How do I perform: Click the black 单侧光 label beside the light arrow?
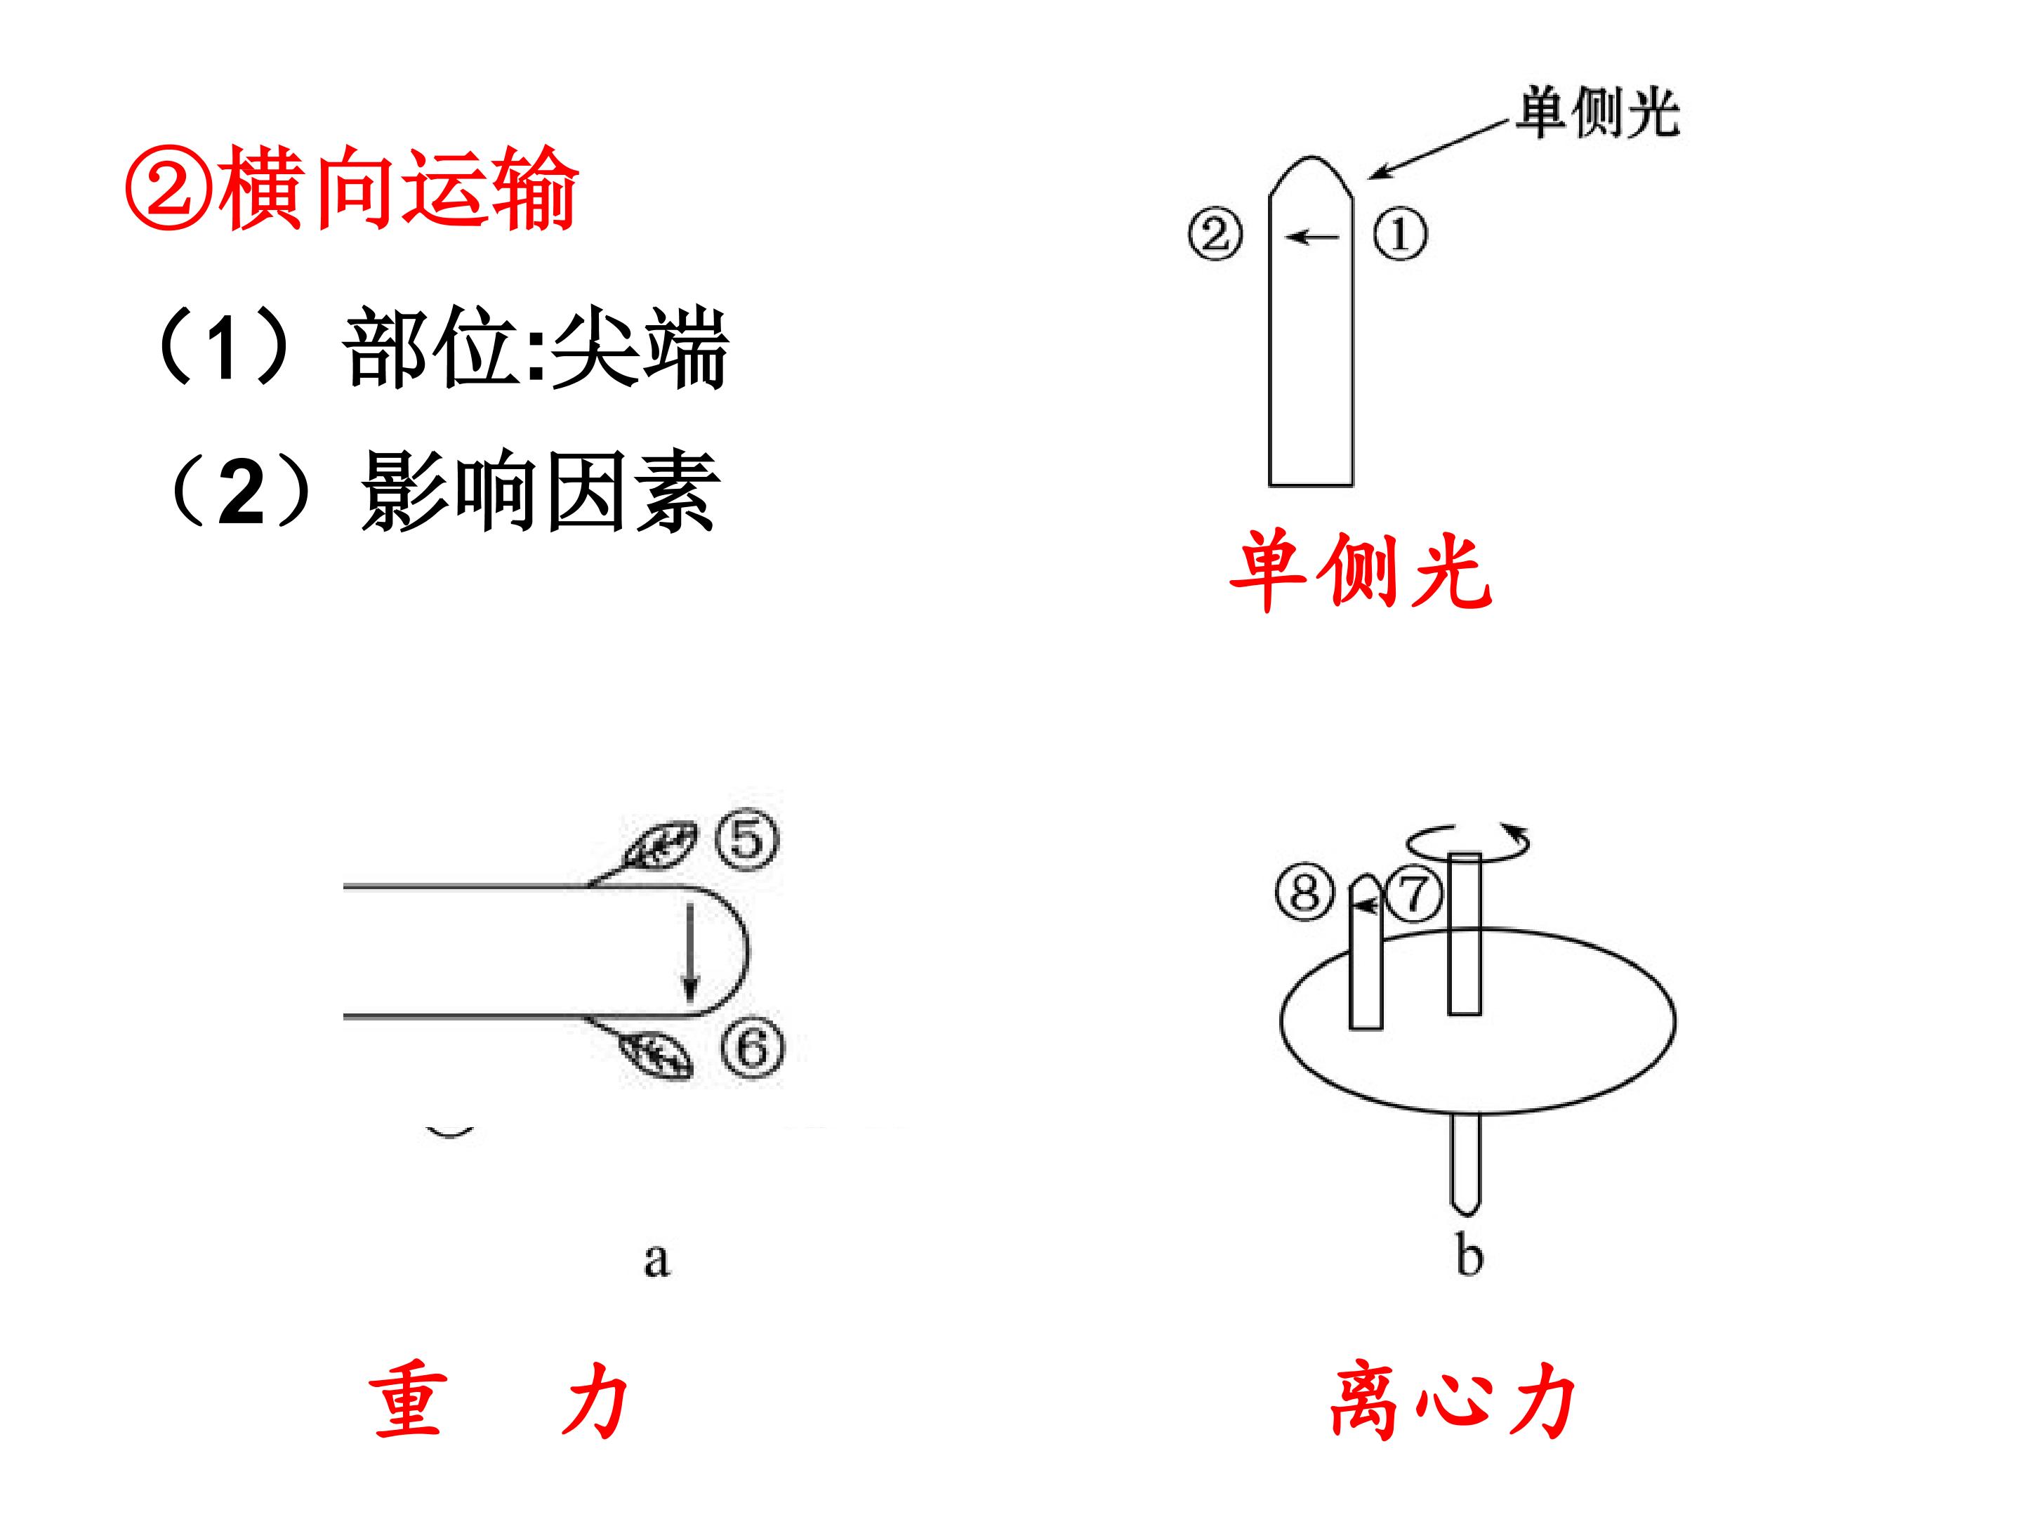tap(1598, 113)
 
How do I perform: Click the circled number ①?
tap(1399, 235)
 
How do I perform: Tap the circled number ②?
tap(1216, 235)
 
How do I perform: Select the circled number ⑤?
tap(747, 839)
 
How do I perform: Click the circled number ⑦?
tap(1413, 893)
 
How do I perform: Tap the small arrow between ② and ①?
tap(1311, 237)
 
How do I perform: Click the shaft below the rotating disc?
tap(1465, 1163)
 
